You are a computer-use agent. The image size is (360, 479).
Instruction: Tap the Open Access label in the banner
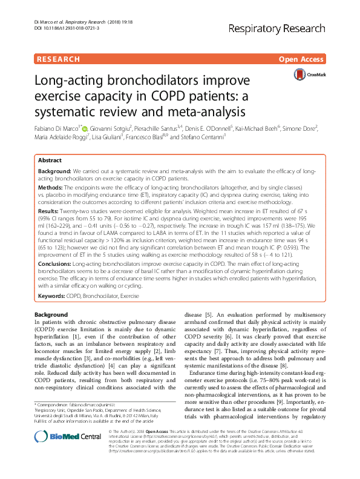click(x=301, y=59)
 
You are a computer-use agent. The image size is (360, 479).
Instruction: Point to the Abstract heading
click(x=50, y=160)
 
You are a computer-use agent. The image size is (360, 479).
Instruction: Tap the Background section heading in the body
click(x=51, y=315)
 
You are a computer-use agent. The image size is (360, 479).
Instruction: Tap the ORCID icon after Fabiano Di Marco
click(x=85, y=128)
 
